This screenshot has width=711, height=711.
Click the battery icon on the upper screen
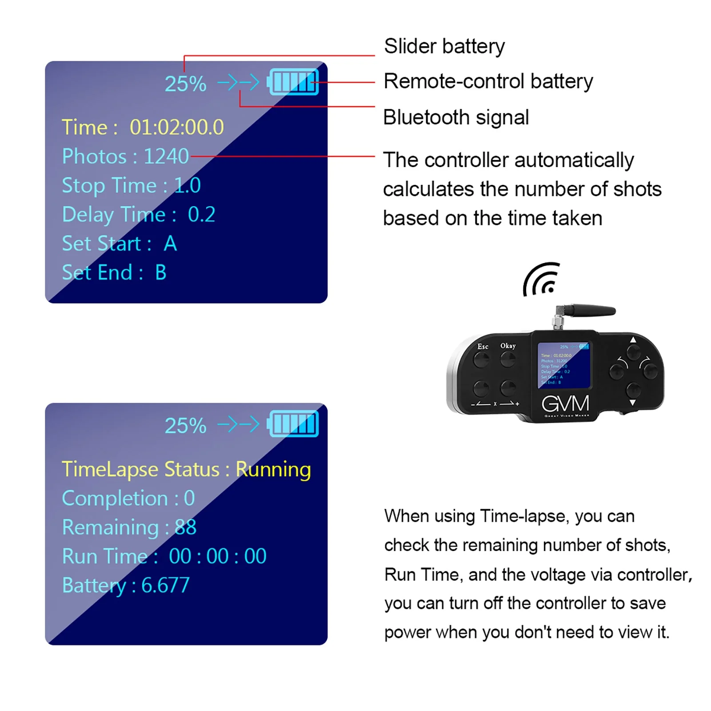293,82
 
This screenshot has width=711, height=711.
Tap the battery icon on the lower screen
293,424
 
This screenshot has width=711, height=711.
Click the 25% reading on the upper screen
185,84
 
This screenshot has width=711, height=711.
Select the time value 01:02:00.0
176,127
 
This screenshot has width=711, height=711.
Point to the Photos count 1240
166,156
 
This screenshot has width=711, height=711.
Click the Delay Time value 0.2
201,214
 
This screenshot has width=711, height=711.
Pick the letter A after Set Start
170,244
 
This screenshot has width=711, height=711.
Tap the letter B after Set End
161,272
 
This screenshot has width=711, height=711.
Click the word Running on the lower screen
273,470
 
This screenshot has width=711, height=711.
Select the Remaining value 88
185,527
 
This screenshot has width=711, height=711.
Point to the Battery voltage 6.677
165,585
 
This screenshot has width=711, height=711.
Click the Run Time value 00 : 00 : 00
217,556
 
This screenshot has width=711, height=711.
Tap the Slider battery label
444,46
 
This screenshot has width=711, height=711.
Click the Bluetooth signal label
455,117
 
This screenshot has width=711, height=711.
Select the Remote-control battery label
488,81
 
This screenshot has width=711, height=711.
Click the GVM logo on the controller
565,403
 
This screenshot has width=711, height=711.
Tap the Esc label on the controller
483,346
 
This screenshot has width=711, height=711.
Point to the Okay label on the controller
508,345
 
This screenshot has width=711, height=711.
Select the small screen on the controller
564,364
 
